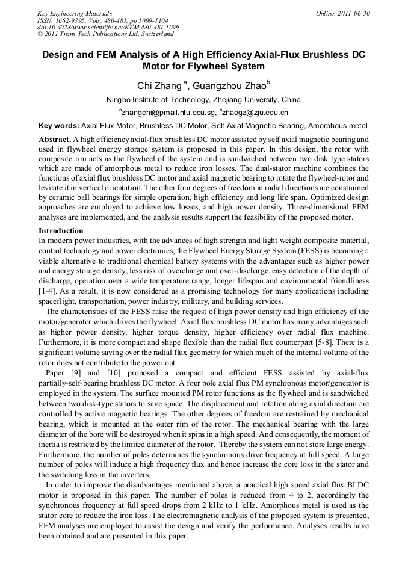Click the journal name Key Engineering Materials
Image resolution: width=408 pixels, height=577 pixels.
[75, 13]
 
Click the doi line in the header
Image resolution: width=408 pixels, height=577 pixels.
[108, 27]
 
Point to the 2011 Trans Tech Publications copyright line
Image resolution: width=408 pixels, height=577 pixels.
[105, 34]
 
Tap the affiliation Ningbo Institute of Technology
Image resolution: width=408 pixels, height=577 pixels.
[156, 100]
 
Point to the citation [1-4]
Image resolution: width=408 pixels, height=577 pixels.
[48, 291]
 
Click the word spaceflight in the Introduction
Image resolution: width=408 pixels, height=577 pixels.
[59, 300]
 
